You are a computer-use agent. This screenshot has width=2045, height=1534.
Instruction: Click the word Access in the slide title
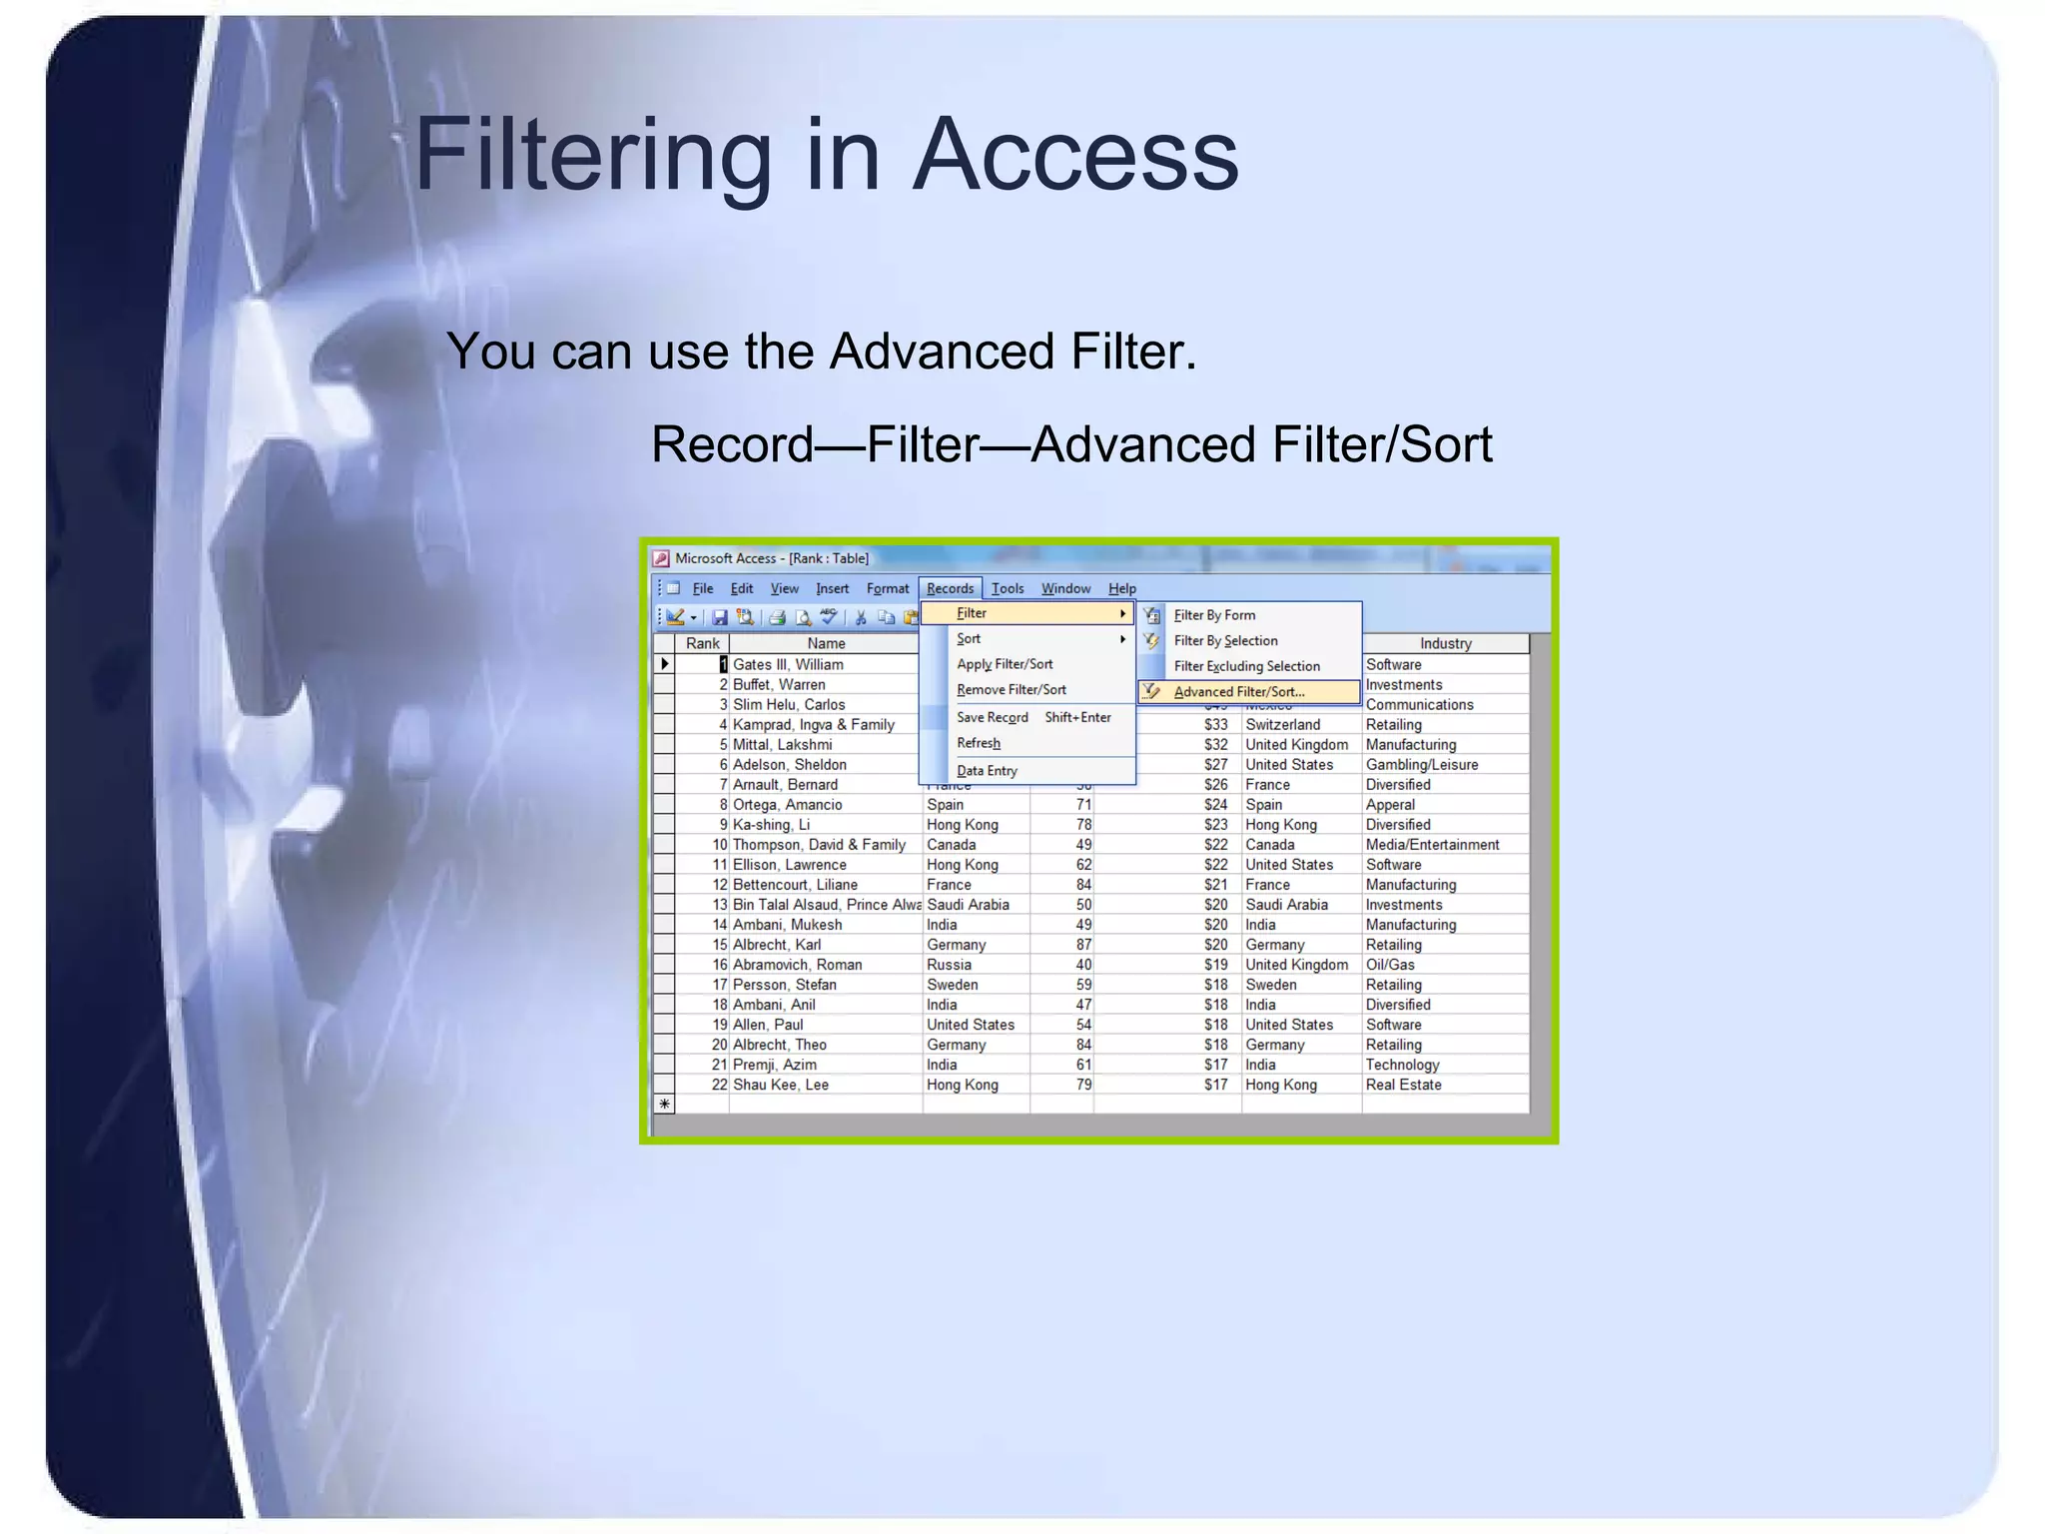(x=1075, y=155)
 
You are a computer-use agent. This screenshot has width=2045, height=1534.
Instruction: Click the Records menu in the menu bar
(x=950, y=588)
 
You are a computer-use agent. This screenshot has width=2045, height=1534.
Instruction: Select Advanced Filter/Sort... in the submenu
(x=1238, y=691)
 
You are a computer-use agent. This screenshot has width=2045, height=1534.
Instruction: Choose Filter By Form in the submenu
(x=1214, y=615)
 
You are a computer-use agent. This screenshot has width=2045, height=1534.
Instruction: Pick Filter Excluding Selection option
(x=1246, y=666)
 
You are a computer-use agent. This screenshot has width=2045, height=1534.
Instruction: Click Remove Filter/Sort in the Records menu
(x=1011, y=690)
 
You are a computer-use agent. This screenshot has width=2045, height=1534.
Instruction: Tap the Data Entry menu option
(x=987, y=771)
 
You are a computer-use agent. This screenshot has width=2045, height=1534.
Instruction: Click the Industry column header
(x=1445, y=644)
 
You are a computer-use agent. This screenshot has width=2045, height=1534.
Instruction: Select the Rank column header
(x=702, y=644)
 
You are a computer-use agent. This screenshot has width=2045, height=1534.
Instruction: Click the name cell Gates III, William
(x=788, y=665)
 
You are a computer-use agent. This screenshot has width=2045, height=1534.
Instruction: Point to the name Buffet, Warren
(x=779, y=685)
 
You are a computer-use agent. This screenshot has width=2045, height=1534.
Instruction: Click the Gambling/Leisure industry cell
(x=1421, y=765)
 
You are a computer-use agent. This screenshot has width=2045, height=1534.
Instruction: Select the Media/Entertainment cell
(x=1432, y=845)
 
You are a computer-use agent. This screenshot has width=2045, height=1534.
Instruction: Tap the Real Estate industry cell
(x=1403, y=1085)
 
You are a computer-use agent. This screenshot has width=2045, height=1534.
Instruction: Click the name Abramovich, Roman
(x=797, y=965)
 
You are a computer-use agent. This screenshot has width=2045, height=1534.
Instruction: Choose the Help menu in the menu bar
(x=1121, y=588)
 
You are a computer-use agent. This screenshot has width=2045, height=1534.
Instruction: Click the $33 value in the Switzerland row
(x=1215, y=725)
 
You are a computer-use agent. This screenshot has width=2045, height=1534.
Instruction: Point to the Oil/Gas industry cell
(x=1390, y=965)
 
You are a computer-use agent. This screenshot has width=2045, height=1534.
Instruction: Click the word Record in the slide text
(x=732, y=444)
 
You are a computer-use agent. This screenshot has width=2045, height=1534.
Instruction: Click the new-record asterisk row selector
(x=664, y=1104)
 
